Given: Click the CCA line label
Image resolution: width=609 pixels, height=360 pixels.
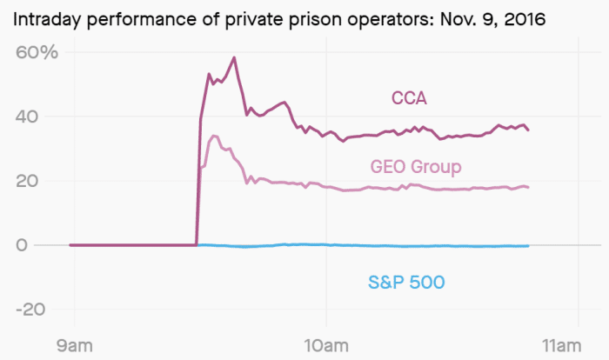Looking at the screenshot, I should click(x=408, y=98).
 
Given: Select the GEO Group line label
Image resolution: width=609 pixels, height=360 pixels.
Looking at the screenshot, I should click(x=416, y=166).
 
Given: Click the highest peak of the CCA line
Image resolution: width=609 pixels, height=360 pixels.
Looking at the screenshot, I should click(x=234, y=58).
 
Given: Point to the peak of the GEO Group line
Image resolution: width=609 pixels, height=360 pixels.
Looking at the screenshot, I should click(x=214, y=135).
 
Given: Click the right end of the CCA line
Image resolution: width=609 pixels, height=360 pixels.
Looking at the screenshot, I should click(x=528, y=130).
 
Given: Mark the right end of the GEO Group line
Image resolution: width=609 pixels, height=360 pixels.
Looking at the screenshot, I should click(x=528, y=187).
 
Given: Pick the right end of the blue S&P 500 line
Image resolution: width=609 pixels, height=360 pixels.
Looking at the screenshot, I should click(x=528, y=246).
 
